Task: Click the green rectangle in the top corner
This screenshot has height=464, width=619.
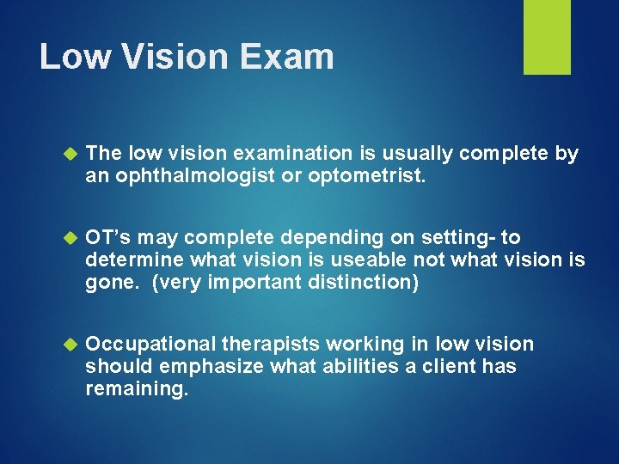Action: (548, 37)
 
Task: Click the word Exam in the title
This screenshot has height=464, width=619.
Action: (288, 57)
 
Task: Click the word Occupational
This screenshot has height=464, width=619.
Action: (150, 345)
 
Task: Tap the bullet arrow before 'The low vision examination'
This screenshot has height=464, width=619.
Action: (71, 155)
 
